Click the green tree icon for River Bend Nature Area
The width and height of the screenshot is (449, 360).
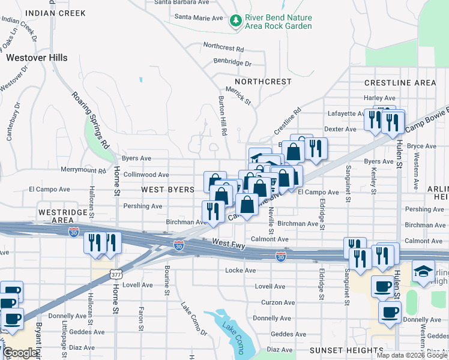[235, 22]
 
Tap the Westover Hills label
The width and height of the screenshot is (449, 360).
[37, 58]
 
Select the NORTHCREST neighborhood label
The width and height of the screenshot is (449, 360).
[263, 82]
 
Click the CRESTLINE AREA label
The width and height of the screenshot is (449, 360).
[400, 83]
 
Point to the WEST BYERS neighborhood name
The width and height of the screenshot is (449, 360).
[167, 190]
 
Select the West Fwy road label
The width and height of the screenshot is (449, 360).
[229, 243]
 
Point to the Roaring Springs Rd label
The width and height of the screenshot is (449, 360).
[91, 120]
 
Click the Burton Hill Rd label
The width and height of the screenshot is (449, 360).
[221, 116]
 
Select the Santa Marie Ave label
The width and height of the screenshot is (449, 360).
[199, 17]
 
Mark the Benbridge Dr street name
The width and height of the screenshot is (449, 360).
[232, 62]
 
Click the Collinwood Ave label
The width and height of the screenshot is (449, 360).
[146, 175]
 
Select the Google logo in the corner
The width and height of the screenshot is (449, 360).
[20, 353]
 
